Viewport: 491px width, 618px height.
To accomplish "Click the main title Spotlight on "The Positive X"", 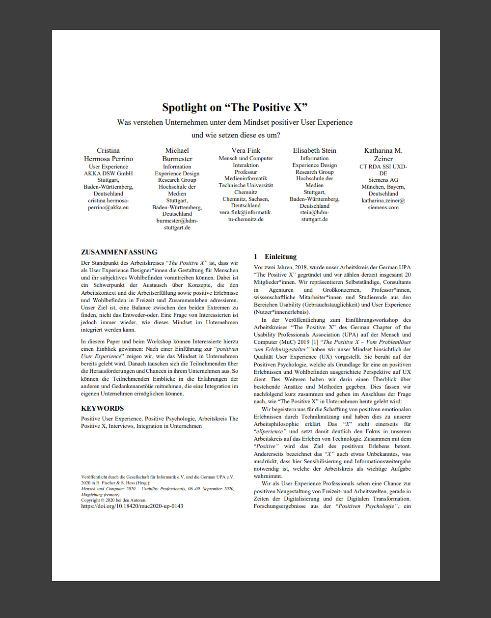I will [x=235, y=108].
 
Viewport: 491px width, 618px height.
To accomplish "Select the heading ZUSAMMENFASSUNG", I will [x=119, y=252].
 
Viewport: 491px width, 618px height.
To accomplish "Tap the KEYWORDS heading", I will [x=102, y=408].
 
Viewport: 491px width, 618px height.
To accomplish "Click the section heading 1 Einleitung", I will [x=275, y=256].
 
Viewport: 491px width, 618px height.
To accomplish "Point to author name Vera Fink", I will [x=245, y=150].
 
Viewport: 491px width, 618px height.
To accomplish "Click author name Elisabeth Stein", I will [x=314, y=150].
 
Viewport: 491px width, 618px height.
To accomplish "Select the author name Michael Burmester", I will [x=177, y=154].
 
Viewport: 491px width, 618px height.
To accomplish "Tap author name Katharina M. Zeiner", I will [x=383, y=154].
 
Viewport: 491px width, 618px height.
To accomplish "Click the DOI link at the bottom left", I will [x=132, y=506].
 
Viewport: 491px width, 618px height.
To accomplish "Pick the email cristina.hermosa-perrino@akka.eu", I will [x=108, y=204].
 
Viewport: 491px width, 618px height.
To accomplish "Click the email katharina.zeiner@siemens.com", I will [x=383, y=204].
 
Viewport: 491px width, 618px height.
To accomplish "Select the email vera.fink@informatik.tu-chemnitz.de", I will [x=245, y=216].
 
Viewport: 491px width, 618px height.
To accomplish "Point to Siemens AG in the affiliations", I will [x=383, y=180].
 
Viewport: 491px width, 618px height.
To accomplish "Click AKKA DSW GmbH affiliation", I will [x=108, y=173].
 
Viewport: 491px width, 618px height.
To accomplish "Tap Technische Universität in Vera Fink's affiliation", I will [x=245, y=185].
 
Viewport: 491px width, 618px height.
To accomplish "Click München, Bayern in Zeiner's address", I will [x=383, y=187].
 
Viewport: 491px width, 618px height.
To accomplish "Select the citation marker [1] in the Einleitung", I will [x=315, y=342].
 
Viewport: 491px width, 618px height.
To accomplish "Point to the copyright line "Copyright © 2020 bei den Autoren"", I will [x=113, y=500].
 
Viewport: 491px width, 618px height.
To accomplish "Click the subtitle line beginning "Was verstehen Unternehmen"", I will [x=235, y=122].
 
